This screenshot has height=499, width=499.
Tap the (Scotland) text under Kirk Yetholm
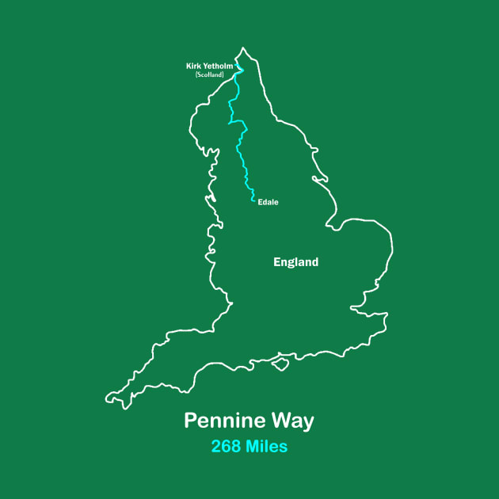[x=210, y=74]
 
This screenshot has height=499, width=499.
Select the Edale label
[x=268, y=202]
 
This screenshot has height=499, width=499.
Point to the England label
[x=295, y=262]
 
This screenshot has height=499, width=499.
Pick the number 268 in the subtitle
[x=227, y=447]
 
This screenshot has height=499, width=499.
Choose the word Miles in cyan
[x=266, y=447]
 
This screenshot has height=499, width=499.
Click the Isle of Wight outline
[x=278, y=363]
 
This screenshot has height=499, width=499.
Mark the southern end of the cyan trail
[x=254, y=201]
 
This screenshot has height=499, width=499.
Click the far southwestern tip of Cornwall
[x=108, y=396]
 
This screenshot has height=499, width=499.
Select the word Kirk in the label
[x=193, y=66]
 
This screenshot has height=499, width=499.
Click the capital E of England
[x=276, y=262]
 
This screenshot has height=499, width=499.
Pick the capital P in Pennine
[x=190, y=421]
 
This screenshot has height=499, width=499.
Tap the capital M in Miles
[x=252, y=447]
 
